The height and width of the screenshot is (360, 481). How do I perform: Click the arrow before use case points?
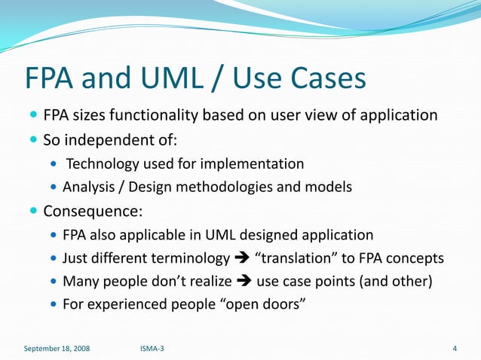tap(243, 282)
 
